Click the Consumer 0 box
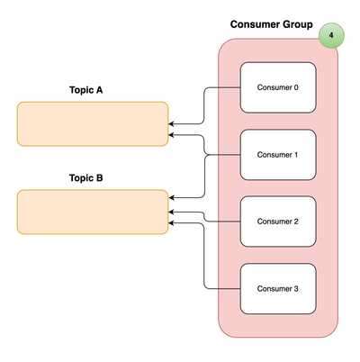278,87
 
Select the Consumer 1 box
278,155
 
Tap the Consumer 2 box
278,222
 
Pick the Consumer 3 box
278,288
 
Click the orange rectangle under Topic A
93,123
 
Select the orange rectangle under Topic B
93,212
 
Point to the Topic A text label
86,90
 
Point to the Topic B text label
86,178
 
